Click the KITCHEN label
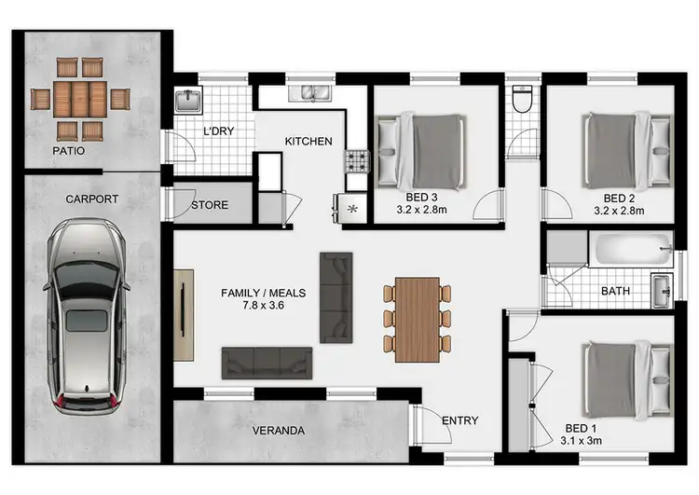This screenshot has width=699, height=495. click(308, 142)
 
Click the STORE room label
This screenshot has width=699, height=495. click(210, 205)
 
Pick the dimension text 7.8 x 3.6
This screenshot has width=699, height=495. click(264, 305)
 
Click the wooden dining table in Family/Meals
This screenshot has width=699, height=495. click(417, 319)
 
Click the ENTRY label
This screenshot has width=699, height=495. click(459, 420)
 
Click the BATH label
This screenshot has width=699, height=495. click(615, 292)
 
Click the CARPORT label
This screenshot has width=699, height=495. click(91, 199)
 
